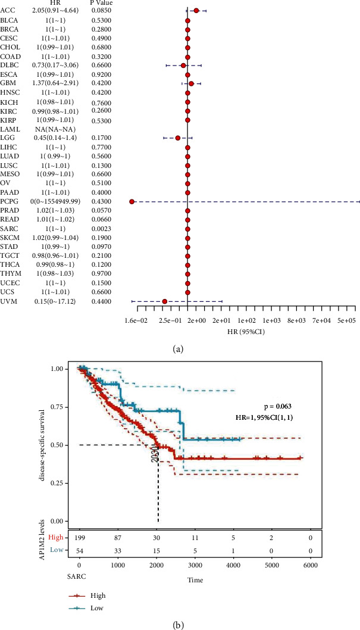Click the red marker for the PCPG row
tap(132, 202)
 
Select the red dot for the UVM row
tap(165, 301)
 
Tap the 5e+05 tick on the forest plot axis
tap(346, 320)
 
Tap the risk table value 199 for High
tap(79, 538)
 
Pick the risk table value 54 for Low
tap(79, 550)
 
